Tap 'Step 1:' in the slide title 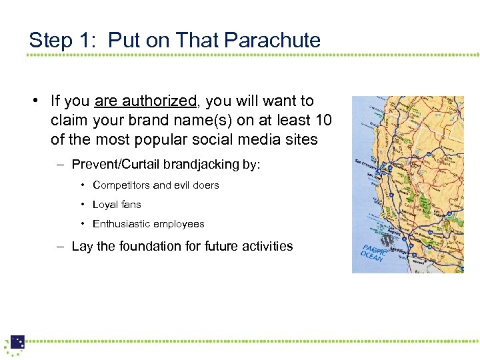(x=64, y=40)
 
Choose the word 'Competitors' (x=121, y=185)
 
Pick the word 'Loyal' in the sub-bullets (x=105, y=204)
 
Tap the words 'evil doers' (x=197, y=185)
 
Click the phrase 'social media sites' (x=253, y=140)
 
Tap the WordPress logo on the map (x=387, y=239)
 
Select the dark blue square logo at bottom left (x=17, y=342)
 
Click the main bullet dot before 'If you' (x=32, y=101)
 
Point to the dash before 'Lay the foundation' (x=59, y=246)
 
